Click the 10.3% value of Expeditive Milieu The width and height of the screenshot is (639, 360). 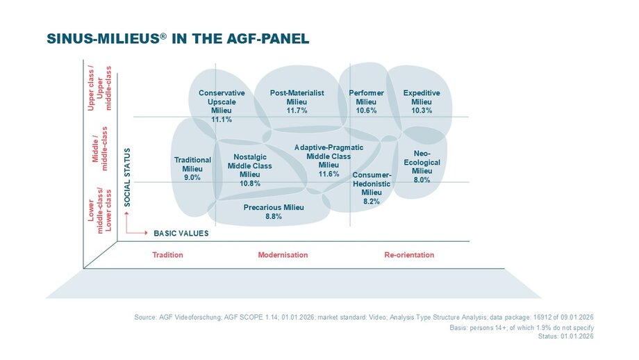(422, 111)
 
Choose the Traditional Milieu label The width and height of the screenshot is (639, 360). (192, 164)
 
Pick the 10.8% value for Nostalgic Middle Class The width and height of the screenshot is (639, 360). (249, 183)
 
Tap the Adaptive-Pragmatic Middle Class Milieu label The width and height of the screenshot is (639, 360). (329, 156)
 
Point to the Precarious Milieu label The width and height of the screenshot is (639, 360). (274, 207)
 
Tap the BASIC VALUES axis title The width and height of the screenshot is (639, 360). (181, 234)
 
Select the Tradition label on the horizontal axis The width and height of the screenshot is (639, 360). (167, 255)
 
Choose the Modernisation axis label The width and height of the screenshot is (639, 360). (283, 255)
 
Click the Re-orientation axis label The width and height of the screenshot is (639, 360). (409, 255)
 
